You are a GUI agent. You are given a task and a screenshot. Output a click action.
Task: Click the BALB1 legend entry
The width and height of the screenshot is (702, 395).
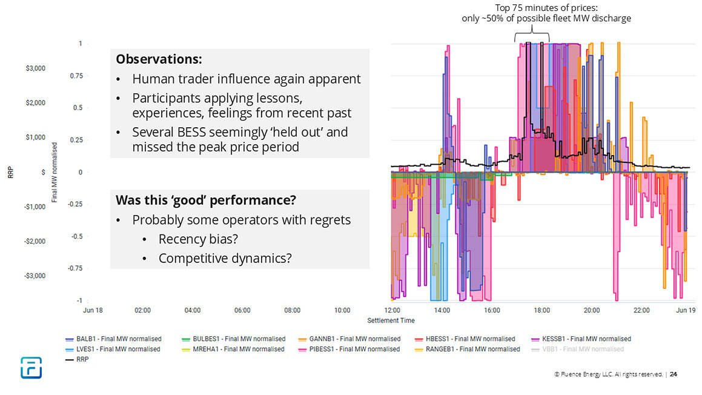click(113, 339)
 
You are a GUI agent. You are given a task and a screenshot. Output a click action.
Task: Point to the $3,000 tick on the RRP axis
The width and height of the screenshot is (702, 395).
click(35, 68)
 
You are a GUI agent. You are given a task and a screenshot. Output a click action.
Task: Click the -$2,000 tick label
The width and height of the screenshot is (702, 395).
click(34, 241)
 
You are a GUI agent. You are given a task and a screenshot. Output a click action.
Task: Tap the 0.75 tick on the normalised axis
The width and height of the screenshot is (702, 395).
click(76, 76)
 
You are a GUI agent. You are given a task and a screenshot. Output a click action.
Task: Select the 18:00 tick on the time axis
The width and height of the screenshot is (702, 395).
click(541, 310)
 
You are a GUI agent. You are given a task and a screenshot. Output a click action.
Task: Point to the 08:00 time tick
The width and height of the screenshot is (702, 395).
click(292, 310)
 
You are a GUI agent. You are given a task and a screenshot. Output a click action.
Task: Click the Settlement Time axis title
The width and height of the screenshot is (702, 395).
click(391, 320)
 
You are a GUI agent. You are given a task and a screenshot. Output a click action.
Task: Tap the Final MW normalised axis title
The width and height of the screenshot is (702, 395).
click(55, 172)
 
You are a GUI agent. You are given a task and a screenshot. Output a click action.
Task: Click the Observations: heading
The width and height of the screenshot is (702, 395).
click(159, 60)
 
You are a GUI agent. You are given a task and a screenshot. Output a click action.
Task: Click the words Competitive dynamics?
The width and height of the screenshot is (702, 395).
click(225, 258)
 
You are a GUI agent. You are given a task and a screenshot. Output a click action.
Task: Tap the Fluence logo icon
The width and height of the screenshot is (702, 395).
click(30, 368)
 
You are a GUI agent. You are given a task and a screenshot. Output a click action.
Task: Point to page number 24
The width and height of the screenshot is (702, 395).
click(674, 374)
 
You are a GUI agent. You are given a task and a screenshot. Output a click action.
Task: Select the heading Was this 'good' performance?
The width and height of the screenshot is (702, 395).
click(205, 201)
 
